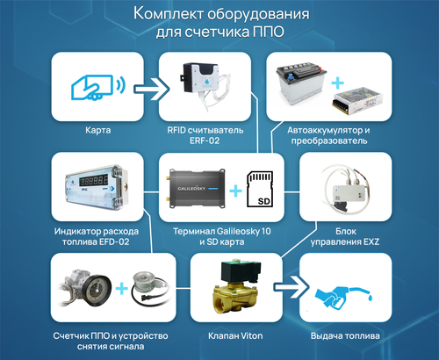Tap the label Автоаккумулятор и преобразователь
329,135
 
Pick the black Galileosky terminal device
191,190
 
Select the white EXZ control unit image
343,188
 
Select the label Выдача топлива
344,335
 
